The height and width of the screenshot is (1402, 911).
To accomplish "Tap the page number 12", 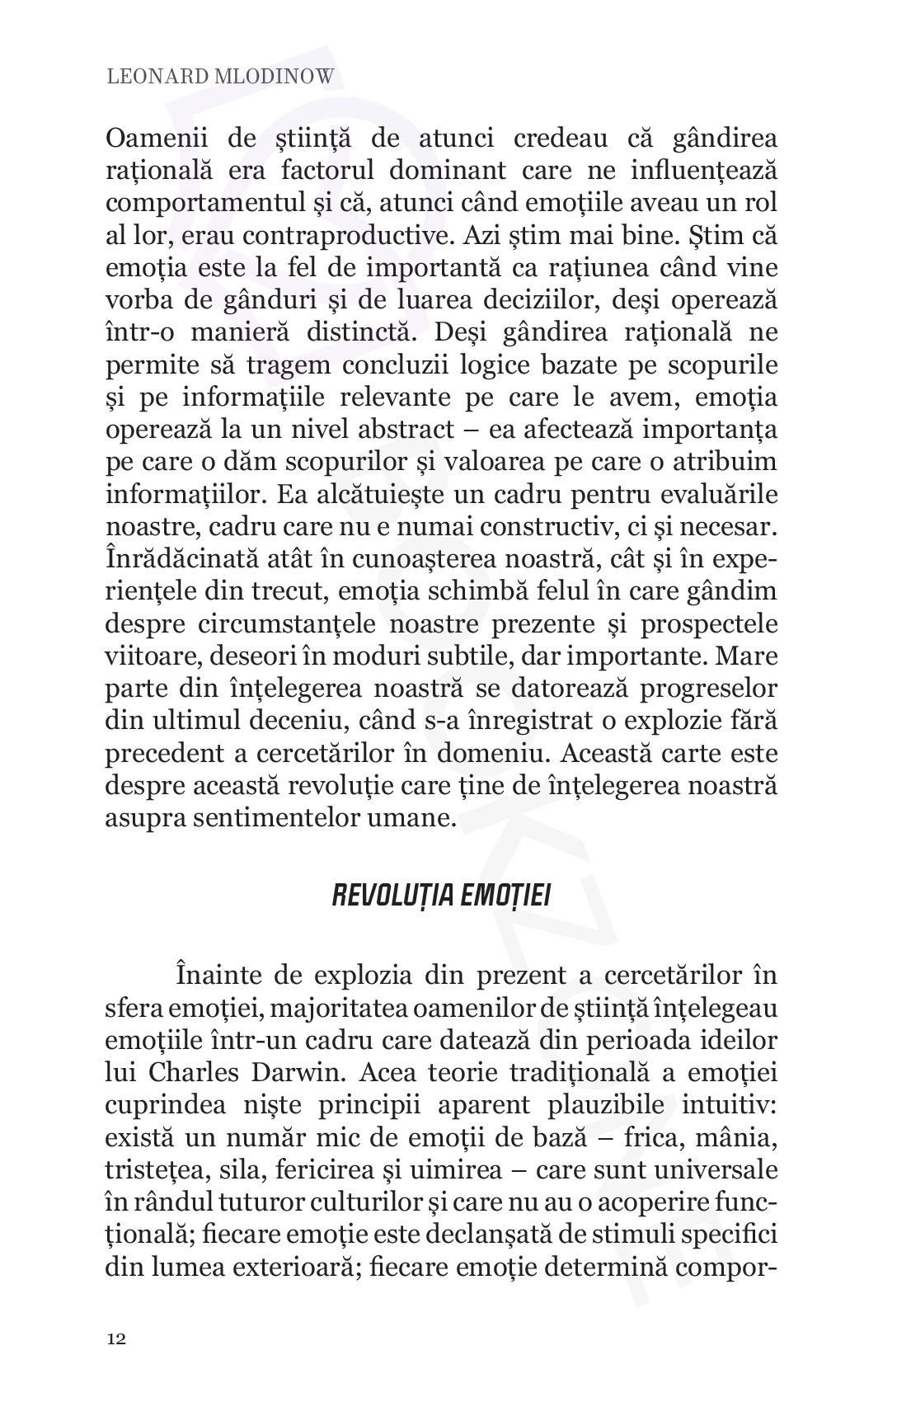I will click(116, 1338).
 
